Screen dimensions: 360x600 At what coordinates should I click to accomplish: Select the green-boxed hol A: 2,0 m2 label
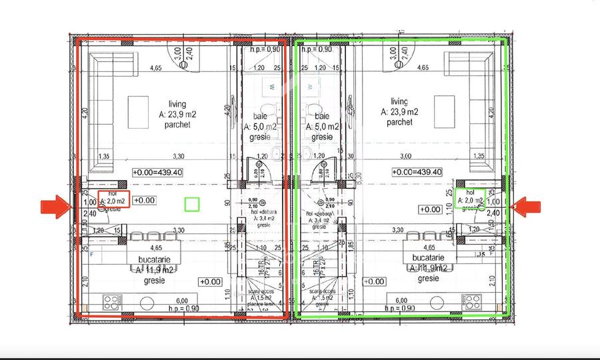(x=472, y=198)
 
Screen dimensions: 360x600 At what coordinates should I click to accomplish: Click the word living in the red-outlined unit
(x=177, y=104)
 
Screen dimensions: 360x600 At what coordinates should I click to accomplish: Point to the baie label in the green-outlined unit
(x=317, y=115)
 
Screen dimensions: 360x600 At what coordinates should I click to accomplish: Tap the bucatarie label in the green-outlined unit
(x=426, y=257)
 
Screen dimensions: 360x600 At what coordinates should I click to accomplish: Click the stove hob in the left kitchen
(x=110, y=301)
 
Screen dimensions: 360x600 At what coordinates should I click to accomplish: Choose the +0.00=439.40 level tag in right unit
(x=417, y=172)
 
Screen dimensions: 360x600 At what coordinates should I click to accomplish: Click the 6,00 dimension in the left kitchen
(x=182, y=301)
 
